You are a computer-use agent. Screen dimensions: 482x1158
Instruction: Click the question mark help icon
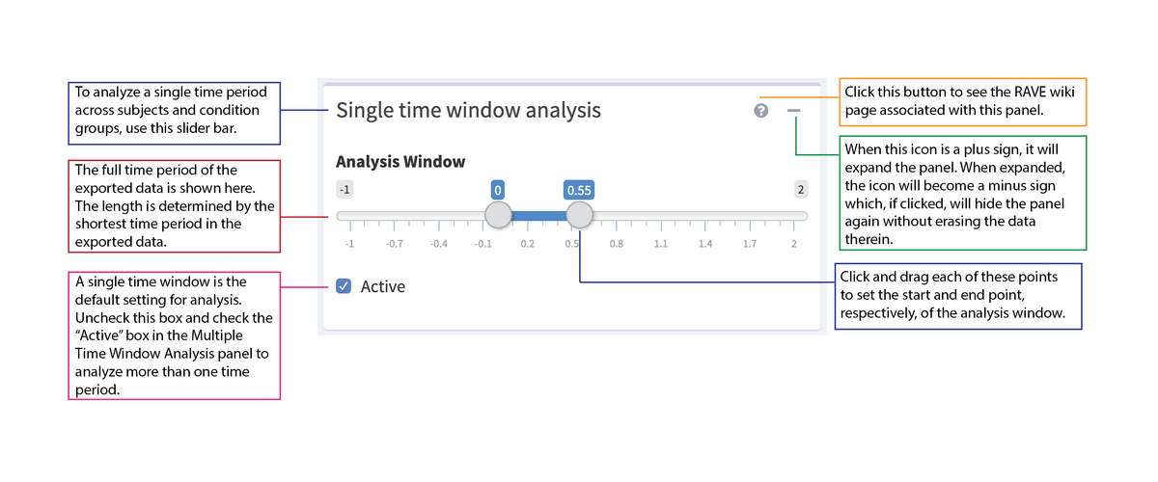click(x=760, y=111)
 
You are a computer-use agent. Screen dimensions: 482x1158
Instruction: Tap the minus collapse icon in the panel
click(x=793, y=111)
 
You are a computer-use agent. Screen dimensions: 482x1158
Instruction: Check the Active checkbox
click(x=345, y=286)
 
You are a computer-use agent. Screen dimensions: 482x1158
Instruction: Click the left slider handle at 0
click(x=498, y=215)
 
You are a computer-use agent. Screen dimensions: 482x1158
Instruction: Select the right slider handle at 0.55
click(x=579, y=215)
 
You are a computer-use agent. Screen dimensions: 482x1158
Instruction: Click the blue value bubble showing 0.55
click(x=579, y=189)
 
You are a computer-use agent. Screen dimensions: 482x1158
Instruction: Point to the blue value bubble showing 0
click(x=498, y=189)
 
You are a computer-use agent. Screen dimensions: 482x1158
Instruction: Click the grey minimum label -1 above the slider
click(x=344, y=189)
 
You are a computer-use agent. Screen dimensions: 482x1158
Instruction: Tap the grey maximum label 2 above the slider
click(x=800, y=189)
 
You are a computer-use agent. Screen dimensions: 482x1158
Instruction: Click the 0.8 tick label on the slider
click(x=616, y=244)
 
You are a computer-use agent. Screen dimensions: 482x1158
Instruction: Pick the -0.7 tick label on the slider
click(x=394, y=244)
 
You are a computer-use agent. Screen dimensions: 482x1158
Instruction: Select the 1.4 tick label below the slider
click(x=704, y=244)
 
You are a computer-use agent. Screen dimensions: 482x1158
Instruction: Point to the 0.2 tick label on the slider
click(x=527, y=244)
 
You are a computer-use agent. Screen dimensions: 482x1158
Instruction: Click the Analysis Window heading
click(x=400, y=161)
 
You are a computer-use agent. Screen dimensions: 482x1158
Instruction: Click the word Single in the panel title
click(x=365, y=110)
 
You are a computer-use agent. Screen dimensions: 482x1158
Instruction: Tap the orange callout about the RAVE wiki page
click(x=962, y=102)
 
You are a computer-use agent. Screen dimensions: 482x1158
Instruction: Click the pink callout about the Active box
click(x=174, y=335)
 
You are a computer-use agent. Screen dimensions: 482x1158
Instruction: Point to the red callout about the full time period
click(x=174, y=206)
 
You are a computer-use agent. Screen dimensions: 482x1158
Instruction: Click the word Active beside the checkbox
click(x=383, y=286)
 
